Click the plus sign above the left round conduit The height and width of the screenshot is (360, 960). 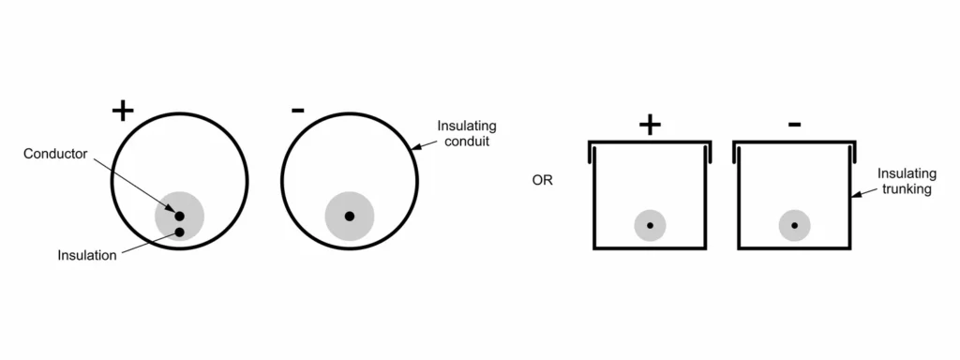coord(123,111)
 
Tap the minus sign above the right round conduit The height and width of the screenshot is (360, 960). coord(298,111)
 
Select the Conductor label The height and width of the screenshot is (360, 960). coord(55,153)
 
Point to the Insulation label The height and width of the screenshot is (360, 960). coord(87,255)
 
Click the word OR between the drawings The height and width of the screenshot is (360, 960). coord(542,180)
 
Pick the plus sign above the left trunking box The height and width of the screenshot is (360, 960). coord(649,126)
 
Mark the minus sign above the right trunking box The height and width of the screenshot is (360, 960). coord(794,124)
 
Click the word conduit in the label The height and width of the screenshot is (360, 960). coord(465,142)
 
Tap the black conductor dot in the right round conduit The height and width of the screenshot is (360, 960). coord(350,217)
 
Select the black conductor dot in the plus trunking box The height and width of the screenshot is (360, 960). coord(650,225)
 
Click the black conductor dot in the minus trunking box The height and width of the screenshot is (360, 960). coord(795,225)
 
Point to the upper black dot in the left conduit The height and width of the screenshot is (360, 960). coord(179,216)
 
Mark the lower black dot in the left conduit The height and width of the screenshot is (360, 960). coord(179,232)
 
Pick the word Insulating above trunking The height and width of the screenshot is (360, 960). coord(904,174)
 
